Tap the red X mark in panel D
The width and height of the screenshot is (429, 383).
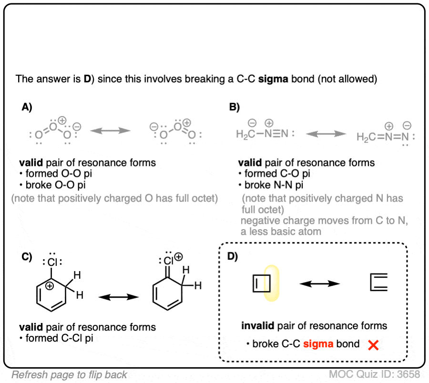point(373,345)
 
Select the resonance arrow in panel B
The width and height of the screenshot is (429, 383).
point(326,135)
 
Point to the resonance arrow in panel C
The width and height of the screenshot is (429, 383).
point(118,297)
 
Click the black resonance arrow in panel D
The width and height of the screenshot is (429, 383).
point(319,284)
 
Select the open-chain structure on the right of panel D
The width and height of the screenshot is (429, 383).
point(379,284)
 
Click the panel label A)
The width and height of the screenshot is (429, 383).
point(27,108)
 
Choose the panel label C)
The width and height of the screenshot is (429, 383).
point(26,258)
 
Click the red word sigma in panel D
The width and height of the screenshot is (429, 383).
point(318,344)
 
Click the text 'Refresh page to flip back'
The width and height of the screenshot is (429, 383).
point(70,374)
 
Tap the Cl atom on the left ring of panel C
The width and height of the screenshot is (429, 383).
point(52,261)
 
